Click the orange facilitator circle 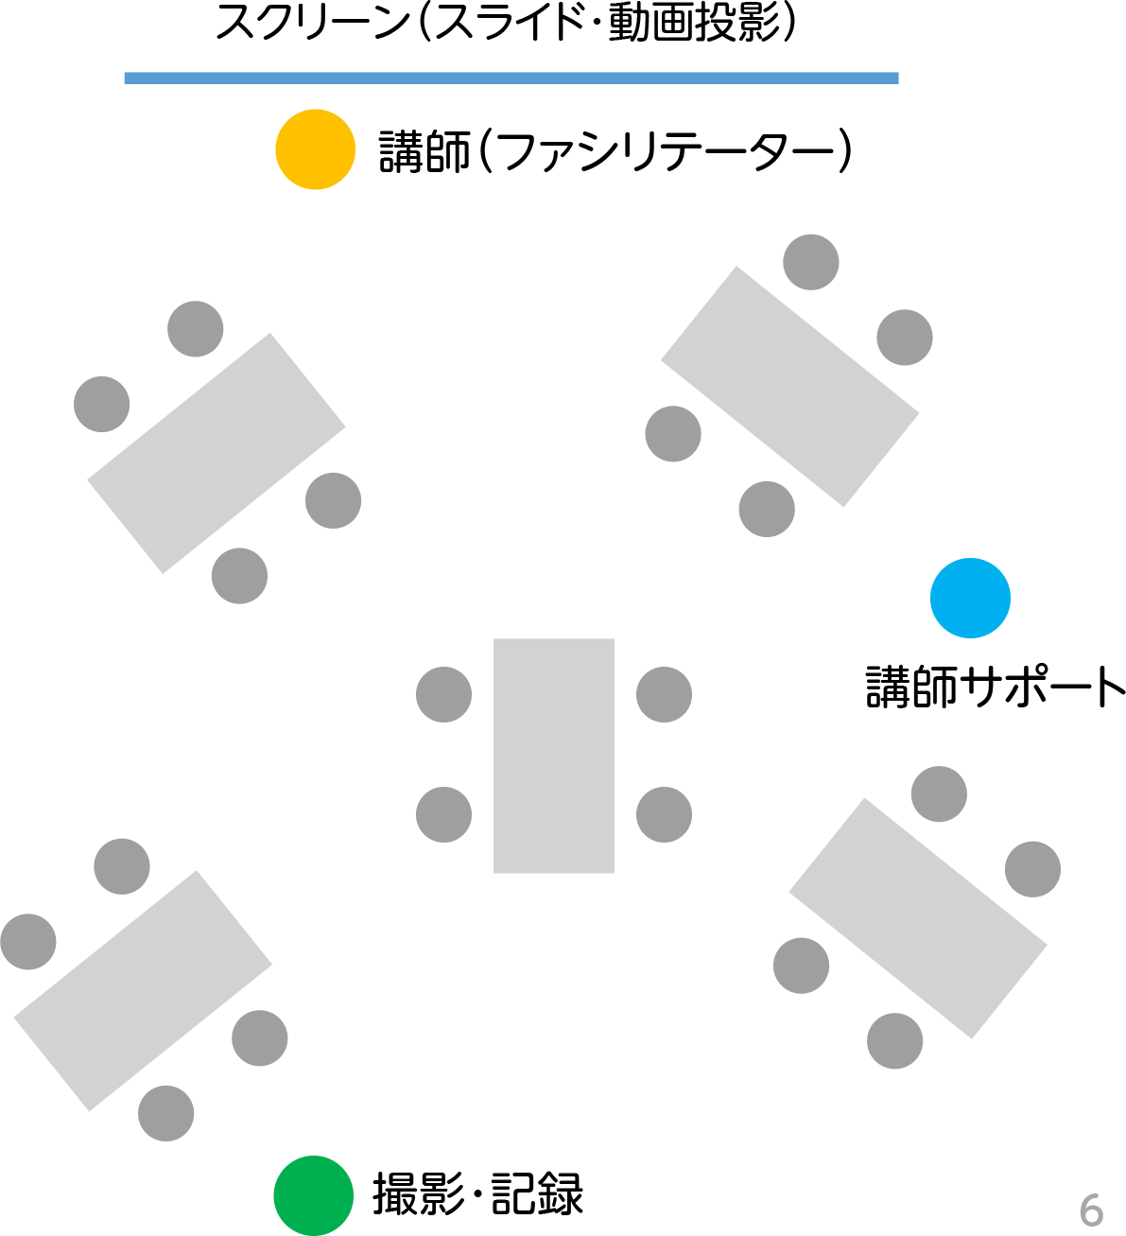pyautogui.click(x=316, y=149)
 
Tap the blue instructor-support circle pyautogui.click(x=970, y=598)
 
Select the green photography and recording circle pyautogui.click(x=314, y=1195)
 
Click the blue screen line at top pyautogui.click(x=511, y=78)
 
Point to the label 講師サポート pyautogui.click(x=996, y=687)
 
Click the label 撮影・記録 pyautogui.click(x=478, y=1193)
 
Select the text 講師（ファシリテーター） pyautogui.click(x=615, y=151)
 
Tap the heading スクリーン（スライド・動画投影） pyautogui.click(x=506, y=22)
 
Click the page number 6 pyautogui.click(x=1091, y=1210)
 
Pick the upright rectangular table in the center pyautogui.click(x=554, y=756)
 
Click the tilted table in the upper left pyautogui.click(x=217, y=453)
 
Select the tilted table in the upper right pyautogui.click(x=789, y=387)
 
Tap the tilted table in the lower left pyautogui.click(x=143, y=991)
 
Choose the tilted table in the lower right pyautogui.click(x=918, y=918)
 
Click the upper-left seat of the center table pyautogui.click(x=443, y=694)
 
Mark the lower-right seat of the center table pyautogui.click(x=664, y=814)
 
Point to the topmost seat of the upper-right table pyautogui.click(x=810, y=262)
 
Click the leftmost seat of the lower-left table pyautogui.click(x=28, y=942)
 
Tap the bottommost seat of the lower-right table pyautogui.click(x=894, y=1040)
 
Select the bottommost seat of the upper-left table pyautogui.click(x=239, y=576)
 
